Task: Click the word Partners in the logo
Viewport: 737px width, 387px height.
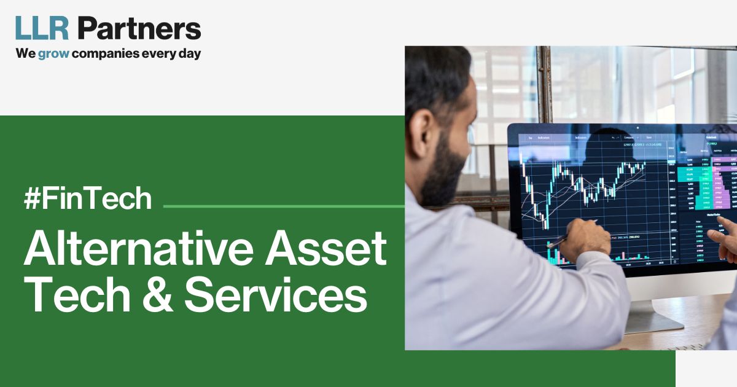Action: coord(139,29)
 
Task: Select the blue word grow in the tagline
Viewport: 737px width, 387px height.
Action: coord(53,53)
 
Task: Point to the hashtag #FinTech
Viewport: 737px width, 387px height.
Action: coord(87,199)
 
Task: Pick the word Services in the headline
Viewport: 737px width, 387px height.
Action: coord(276,297)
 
